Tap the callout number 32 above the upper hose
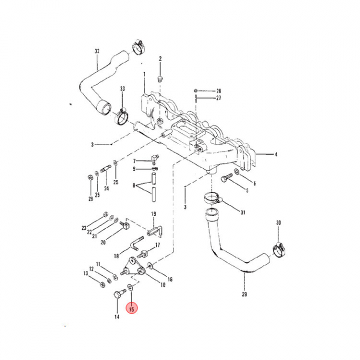pos(97,51)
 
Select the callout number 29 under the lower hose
pos(244,294)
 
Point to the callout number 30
pos(278,222)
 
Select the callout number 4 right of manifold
pos(275,154)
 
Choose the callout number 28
pos(218,91)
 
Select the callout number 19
pos(154,213)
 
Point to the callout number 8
pos(134,185)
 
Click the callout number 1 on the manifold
pos(144,75)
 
